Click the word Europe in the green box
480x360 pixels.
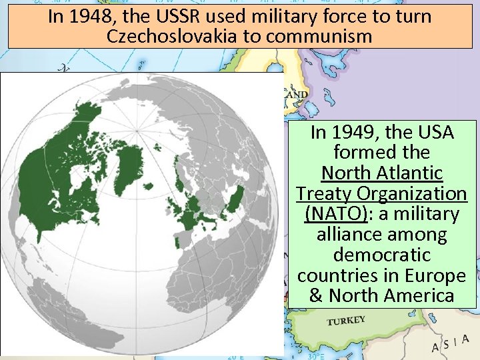[437, 275]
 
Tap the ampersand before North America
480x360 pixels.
[316, 295]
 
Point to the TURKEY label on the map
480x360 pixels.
[346, 321]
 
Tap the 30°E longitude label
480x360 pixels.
[316, 356]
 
